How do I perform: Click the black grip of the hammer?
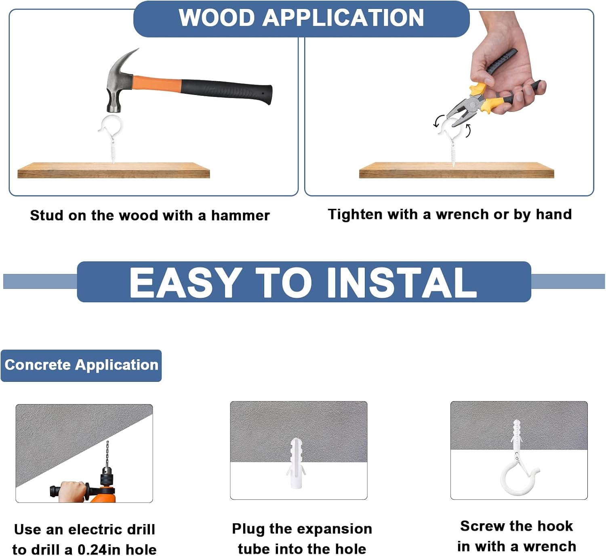click(227, 91)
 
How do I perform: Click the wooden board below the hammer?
click(114, 170)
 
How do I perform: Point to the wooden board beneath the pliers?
click(457, 170)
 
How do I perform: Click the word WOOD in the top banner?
click(217, 18)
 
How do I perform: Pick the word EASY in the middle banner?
click(185, 283)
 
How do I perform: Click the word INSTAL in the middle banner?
click(402, 283)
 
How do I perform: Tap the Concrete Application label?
click(81, 365)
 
